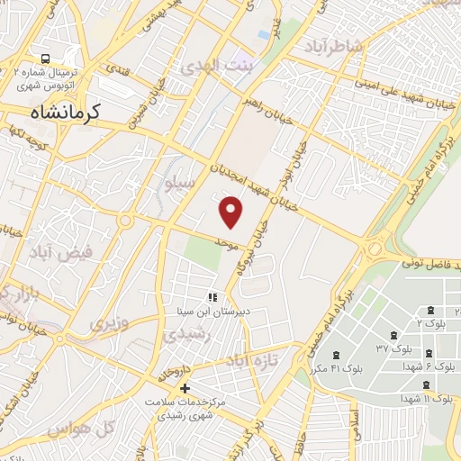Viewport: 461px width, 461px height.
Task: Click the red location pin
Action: tap(231, 212)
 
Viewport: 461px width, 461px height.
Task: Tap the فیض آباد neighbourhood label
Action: tap(62, 253)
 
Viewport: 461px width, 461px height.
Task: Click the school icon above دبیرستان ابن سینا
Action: tap(213, 297)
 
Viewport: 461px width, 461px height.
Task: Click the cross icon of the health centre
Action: tap(185, 389)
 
